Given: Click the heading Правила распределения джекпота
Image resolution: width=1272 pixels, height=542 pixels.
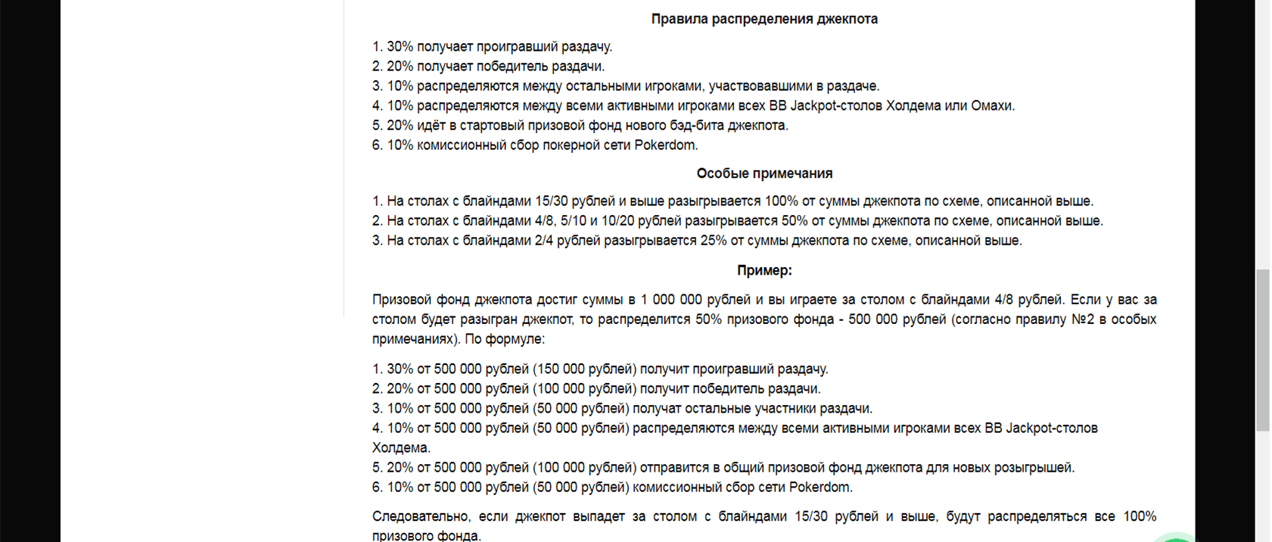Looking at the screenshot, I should pyautogui.click(x=764, y=19).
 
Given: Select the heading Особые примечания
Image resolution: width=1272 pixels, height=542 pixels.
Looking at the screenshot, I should pyautogui.click(x=764, y=173).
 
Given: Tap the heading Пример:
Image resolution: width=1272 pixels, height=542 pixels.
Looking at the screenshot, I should pyautogui.click(x=764, y=270).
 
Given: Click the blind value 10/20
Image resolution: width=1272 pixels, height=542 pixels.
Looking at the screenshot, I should pyautogui.click(x=617, y=221).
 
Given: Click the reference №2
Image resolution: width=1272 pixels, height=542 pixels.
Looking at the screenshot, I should pyautogui.click(x=1084, y=319).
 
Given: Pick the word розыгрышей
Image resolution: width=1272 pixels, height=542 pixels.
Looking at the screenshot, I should pyautogui.click(x=1034, y=468).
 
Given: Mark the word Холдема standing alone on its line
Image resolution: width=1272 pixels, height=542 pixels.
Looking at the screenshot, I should pyautogui.click(x=400, y=448).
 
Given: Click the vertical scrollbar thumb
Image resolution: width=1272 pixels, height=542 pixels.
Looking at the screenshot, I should pyautogui.click(x=1263, y=350).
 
